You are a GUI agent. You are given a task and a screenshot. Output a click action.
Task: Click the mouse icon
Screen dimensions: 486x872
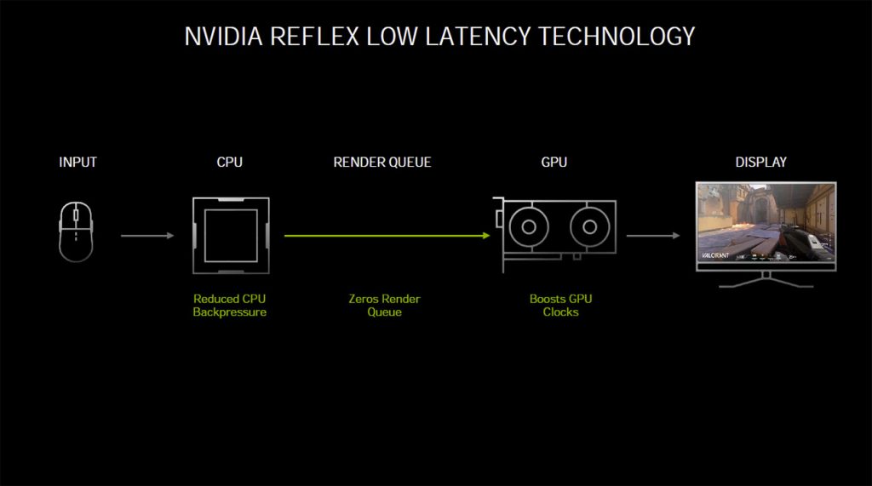(76, 231)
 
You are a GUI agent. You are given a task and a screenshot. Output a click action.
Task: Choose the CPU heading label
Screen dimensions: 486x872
(230, 162)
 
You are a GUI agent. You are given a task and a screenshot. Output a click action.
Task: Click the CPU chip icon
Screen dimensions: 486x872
(230, 236)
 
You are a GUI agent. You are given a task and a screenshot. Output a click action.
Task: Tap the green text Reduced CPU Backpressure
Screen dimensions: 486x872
(230, 306)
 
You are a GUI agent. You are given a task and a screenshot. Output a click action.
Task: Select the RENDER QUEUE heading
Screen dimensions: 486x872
(382, 162)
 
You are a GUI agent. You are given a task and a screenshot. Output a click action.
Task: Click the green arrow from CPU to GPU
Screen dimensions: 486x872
(387, 235)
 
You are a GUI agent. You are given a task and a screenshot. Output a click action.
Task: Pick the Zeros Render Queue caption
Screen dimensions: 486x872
(384, 306)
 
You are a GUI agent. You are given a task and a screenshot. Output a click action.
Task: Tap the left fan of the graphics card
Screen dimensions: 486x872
(529, 227)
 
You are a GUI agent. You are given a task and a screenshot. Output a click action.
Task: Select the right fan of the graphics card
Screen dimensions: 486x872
(587, 227)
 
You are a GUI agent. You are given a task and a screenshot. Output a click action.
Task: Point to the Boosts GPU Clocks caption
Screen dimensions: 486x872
(560, 306)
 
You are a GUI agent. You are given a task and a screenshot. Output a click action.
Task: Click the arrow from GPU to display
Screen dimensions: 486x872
(653, 236)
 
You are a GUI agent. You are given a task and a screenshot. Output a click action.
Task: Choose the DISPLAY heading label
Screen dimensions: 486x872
(761, 162)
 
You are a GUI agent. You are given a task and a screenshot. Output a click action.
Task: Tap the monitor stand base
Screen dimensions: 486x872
(766, 283)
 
